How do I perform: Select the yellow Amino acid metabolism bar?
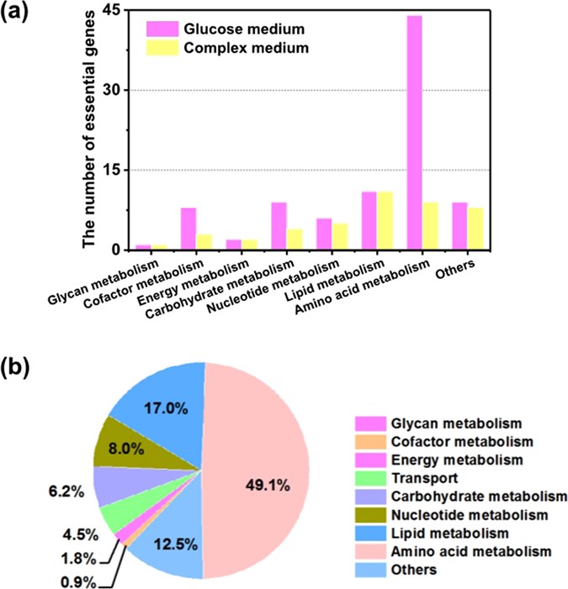430,226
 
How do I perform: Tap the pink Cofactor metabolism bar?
189,229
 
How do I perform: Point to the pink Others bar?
459,226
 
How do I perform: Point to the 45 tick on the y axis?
112,10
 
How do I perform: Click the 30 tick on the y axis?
112,90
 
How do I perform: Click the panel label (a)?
19,14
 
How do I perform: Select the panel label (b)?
19,368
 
